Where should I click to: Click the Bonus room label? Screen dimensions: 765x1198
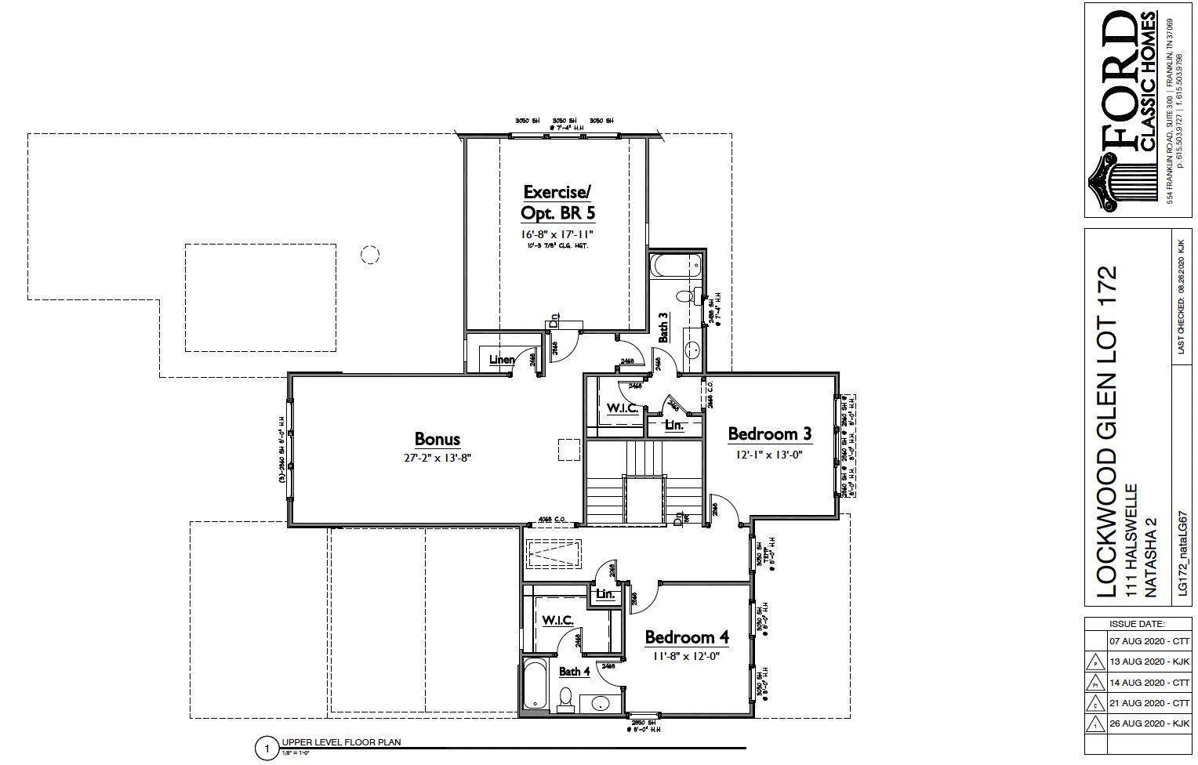point(437,440)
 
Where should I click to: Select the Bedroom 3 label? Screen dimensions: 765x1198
point(769,434)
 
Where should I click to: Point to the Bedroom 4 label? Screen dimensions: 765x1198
point(686,637)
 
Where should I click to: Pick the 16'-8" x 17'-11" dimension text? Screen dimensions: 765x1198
point(558,234)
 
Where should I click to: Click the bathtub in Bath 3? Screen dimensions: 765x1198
point(676,266)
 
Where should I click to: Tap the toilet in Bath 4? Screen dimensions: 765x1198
point(566,698)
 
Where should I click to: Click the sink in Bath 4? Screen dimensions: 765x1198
point(600,702)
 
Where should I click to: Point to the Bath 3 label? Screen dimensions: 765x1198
point(663,328)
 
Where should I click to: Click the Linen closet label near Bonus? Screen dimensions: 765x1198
point(502,360)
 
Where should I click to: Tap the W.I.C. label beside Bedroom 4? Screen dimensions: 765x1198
point(557,620)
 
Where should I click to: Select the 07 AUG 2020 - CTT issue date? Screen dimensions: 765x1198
point(1149,640)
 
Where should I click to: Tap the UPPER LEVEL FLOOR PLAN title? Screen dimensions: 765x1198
point(341,742)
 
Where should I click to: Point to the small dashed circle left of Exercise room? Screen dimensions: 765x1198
point(369,254)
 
